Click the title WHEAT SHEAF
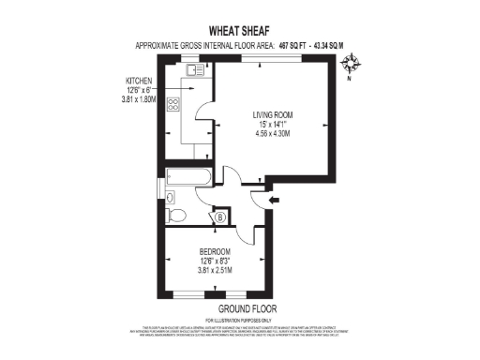point(240,30)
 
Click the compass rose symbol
point(353,65)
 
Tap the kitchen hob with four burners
point(172,105)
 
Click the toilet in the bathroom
point(174,216)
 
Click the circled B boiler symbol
point(219,217)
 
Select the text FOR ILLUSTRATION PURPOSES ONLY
point(240,321)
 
